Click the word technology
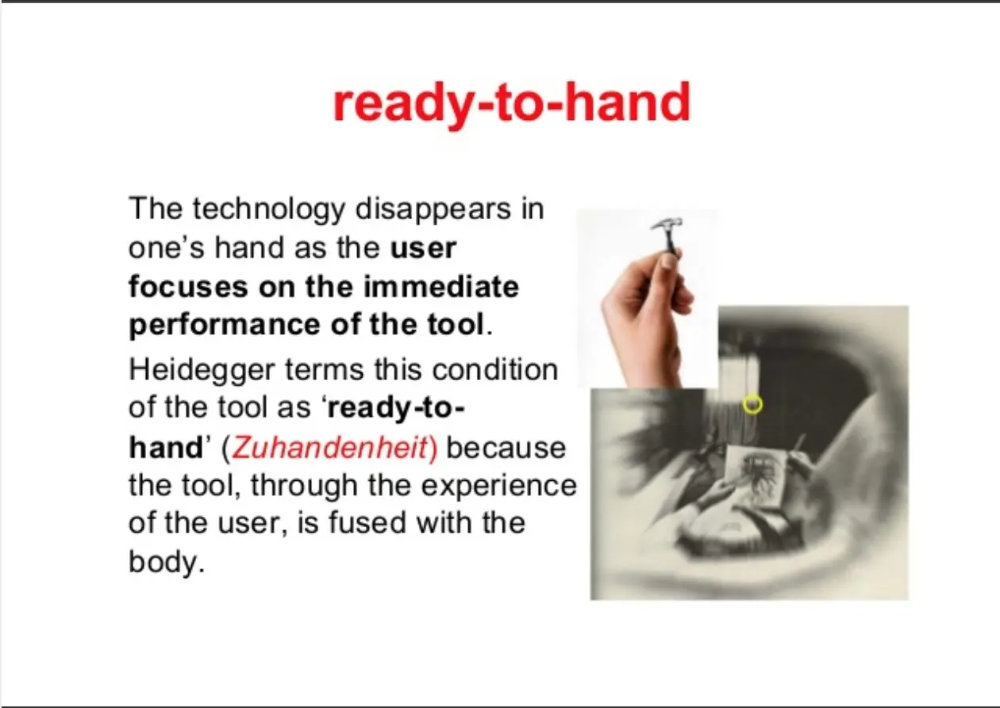click(269, 210)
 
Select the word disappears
click(433, 210)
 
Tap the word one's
click(167, 248)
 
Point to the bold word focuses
click(188, 287)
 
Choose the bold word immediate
click(441, 287)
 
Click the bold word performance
click(224, 325)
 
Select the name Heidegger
click(202, 371)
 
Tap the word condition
click(495, 370)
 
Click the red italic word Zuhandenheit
click(329, 448)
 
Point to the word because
click(506, 448)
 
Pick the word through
click(303, 487)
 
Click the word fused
click(367, 522)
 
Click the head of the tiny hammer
click(667, 224)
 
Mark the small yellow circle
click(752, 405)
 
